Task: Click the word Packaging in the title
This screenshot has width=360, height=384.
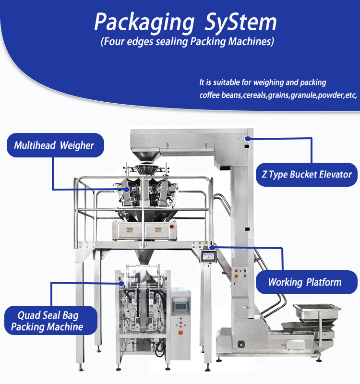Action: click(139, 22)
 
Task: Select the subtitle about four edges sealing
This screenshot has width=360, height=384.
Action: click(187, 41)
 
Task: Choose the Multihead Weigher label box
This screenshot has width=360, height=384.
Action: click(54, 145)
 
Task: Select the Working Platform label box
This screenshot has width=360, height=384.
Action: click(305, 282)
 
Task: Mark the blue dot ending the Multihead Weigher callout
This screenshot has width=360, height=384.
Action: click(127, 190)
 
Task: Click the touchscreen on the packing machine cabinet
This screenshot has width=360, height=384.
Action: click(180, 305)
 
